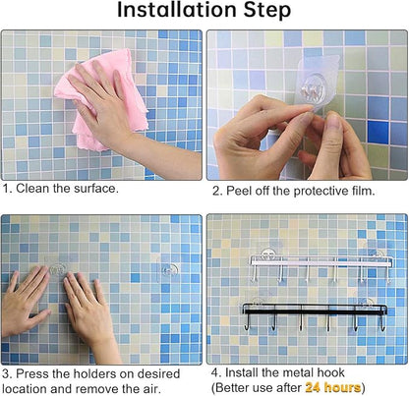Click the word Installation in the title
tap(177, 10)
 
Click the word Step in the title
tap(267, 11)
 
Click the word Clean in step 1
tap(33, 189)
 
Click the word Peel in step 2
tap(239, 191)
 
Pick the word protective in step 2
tap(321, 192)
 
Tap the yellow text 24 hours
tap(333, 387)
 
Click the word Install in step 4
tap(242, 372)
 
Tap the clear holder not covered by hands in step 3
tap(168, 270)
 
